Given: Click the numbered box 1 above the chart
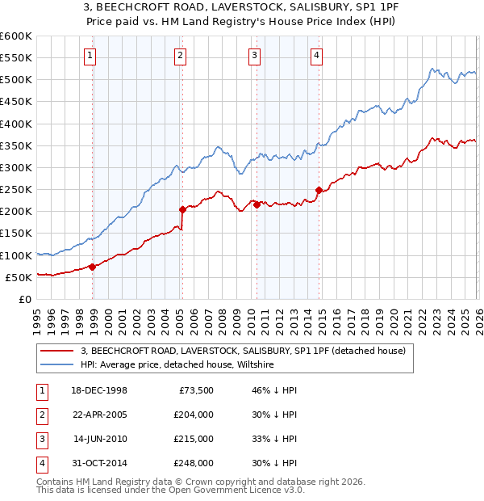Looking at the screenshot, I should click(89, 55).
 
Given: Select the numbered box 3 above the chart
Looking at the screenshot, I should click(254, 55).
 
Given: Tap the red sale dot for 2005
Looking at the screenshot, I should click(182, 209).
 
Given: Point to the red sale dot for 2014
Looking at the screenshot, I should click(319, 191).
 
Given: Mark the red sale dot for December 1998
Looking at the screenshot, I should click(92, 267).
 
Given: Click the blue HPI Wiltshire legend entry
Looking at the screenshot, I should click(177, 365).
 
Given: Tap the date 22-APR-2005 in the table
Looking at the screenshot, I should click(98, 415).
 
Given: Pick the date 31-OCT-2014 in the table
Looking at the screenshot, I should click(98, 463).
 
